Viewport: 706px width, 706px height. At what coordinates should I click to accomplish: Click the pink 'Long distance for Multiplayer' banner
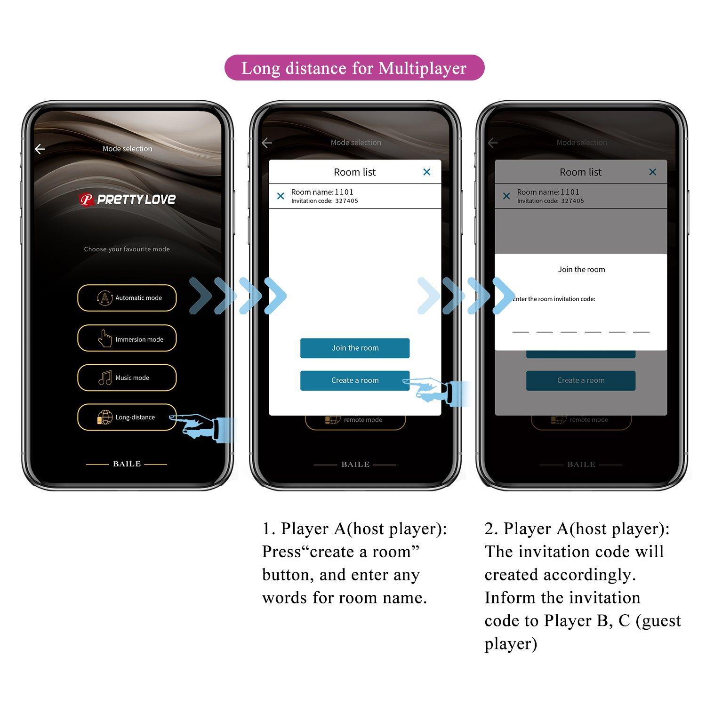tap(354, 68)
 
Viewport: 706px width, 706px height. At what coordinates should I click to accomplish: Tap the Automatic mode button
tap(127, 298)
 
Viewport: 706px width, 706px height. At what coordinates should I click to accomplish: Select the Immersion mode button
tap(127, 338)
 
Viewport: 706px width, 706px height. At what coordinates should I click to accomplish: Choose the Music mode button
tap(127, 377)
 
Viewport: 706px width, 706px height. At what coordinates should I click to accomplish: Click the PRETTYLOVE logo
tap(127, 200)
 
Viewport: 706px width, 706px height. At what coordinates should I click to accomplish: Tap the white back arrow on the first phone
tap(40, 149)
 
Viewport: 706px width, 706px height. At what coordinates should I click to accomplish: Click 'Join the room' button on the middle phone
tap(355, 348)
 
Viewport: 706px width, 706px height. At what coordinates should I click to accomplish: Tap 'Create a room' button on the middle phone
tap(355, 380)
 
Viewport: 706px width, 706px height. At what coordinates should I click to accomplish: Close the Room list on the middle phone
tap(426, 172)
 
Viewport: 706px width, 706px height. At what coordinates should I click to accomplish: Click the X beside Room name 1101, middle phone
tap(281, 196)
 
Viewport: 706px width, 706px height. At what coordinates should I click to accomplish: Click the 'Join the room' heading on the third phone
tap(581, 269)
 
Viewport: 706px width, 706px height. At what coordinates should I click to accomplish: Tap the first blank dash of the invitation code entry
tap(520, 330)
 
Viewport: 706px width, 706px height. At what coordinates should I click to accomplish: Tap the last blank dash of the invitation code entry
tap(641, 330)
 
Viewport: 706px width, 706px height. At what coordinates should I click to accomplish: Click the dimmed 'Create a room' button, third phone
tap(581, 380)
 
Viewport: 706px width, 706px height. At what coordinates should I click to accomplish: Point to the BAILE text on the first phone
tap(127, 464)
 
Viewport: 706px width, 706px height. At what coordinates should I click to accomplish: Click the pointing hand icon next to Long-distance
tap(200, 426)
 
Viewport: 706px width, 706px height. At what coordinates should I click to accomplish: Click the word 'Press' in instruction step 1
tap(281, 552)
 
